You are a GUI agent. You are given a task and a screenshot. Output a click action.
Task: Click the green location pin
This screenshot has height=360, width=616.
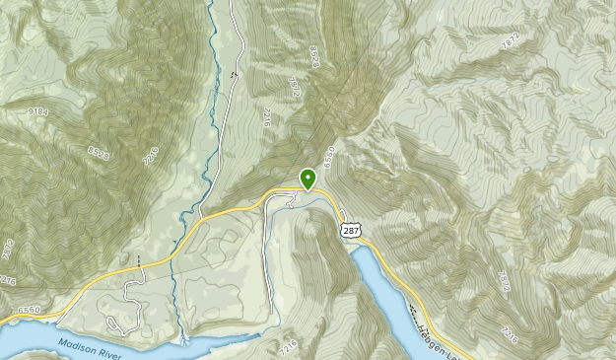click(x=308, y=178)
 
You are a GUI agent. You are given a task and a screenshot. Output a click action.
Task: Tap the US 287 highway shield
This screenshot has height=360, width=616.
click(x=350, y=230)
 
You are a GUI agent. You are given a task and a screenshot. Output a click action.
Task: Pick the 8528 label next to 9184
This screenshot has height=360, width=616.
click(x=99, y=152)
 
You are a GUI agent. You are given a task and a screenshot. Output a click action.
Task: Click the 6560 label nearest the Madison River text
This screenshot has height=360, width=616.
click(x=27, y=309)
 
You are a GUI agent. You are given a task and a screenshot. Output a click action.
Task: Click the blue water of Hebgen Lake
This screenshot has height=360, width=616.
click(x=379, y=286)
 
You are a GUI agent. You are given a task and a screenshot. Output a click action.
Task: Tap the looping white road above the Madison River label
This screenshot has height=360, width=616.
click(x=118, y=324)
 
